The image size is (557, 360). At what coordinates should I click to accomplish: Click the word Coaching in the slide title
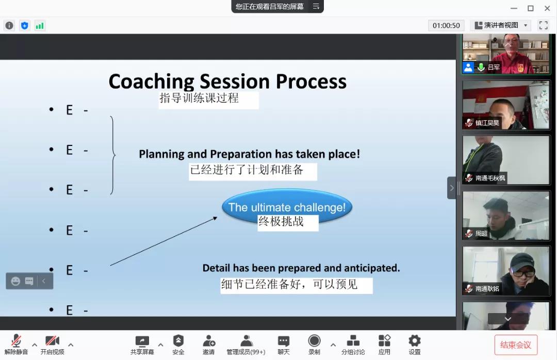pos(151,81)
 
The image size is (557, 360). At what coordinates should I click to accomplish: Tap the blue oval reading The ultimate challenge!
pos(287,206)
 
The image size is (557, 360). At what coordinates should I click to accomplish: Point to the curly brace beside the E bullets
pos(113,155)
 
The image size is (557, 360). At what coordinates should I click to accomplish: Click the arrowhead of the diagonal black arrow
pos(215,218)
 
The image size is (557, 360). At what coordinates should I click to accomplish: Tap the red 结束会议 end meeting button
pos(516,345)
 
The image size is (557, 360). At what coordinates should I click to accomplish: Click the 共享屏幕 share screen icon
pos(142,341)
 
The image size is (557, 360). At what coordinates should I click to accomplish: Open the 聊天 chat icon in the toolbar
pos(284,341)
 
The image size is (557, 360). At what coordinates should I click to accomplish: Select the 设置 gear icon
pos(415,340)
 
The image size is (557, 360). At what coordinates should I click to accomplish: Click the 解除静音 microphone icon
pos(16,340)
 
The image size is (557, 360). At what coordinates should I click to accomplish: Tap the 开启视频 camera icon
pos(52,340)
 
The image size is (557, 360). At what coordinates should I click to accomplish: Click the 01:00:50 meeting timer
pos(446,26)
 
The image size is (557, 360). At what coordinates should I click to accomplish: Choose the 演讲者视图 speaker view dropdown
pos(501,25)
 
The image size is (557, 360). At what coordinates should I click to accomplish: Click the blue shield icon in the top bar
pos(25,26)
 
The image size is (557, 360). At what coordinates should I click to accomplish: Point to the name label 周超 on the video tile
pos(481,234)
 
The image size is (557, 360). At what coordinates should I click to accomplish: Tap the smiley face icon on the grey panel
pos(15,281)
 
